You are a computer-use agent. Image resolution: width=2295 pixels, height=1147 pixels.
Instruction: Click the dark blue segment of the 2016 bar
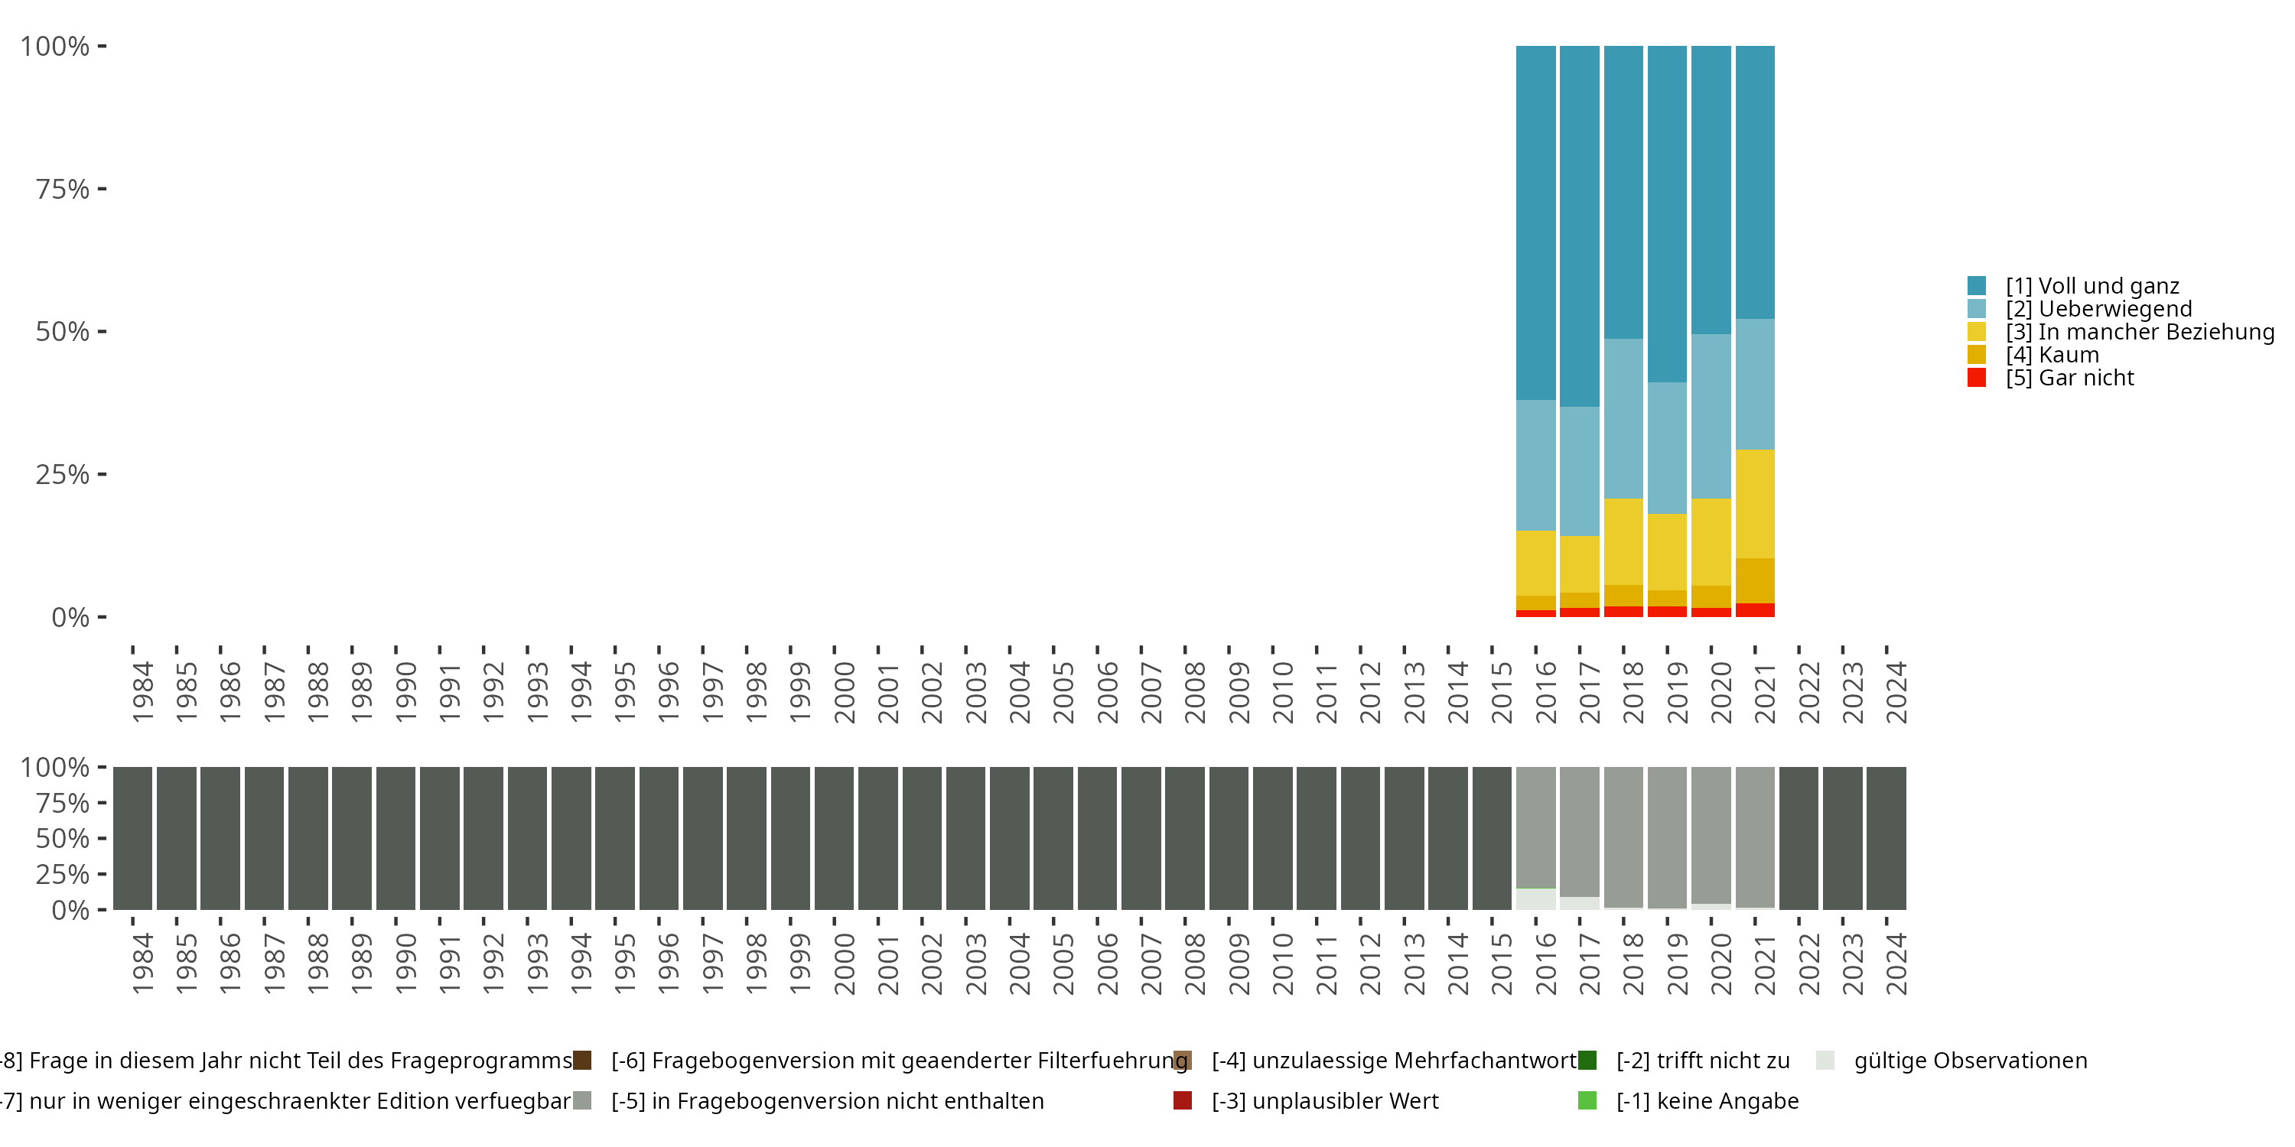[x=1536, y=223]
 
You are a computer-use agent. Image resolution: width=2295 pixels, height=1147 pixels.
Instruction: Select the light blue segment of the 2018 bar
[x=1623, y=418]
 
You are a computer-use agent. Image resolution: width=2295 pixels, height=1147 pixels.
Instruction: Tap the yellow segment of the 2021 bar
[x=1755, y=504]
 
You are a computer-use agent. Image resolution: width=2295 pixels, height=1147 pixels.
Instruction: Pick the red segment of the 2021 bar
[x=1755, y=610]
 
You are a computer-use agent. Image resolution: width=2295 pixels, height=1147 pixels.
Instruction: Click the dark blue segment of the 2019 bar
[x=1667, y=214]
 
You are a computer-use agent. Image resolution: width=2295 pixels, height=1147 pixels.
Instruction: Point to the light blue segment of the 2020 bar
[x=1711, y=416]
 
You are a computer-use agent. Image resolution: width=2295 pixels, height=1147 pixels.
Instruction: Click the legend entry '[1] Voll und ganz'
[x=2092, y=286]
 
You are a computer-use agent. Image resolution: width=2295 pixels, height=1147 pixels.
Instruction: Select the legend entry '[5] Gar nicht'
[x=2069, y=378]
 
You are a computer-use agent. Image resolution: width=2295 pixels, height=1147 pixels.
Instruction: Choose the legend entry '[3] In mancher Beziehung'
[x=2138, y=332]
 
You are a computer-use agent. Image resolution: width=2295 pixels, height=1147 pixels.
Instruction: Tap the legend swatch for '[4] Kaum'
[x=1977, y=355]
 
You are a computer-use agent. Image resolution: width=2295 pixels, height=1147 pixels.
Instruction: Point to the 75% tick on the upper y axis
[x=102, y=189]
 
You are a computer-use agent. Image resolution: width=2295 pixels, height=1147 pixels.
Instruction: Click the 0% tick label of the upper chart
[x=70, y=617]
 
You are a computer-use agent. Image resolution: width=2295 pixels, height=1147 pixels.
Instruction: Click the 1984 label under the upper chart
[x=142, y=692]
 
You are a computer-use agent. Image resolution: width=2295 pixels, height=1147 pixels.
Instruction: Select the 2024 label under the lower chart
[x=1896, y=963]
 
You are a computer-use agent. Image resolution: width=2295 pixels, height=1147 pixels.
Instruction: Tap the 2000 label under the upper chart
[x=844, y=692]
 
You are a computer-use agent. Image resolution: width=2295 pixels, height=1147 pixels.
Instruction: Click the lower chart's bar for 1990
[x=396, y=838]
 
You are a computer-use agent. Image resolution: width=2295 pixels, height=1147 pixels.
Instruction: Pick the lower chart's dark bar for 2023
[x=1842, y=838]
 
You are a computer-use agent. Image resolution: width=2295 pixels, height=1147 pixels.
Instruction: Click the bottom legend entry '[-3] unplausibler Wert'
[x=1324, y=1100]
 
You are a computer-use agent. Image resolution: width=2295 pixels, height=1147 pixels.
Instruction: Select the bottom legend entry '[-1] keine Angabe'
[x=1707, y=1100]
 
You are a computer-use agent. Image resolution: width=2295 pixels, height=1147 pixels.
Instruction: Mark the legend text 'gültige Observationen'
[x=1970, y=1061]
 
